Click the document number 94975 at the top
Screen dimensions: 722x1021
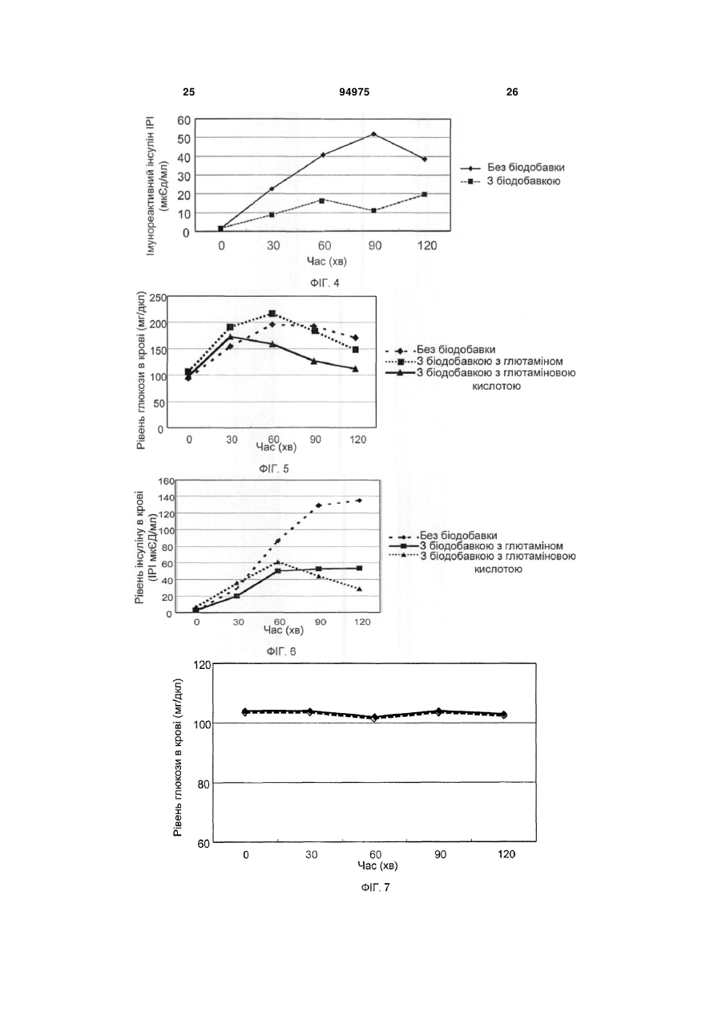[x=354, y=92]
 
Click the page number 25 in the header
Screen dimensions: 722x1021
[x=188, y=92]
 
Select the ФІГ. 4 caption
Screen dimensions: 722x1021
[x=325, y=283]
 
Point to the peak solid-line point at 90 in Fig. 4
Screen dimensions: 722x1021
[x=373, y=134]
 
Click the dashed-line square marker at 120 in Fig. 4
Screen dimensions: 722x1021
[x=425, y=194]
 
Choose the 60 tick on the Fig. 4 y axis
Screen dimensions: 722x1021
[x=184, y=120]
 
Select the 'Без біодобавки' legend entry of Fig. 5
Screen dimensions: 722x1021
[x=441, y=350]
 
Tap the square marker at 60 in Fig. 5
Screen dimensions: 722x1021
[x=272, y=314]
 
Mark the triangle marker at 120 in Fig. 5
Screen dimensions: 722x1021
[x=355, y=368]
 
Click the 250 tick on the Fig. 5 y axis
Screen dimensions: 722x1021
[x=158, y=298]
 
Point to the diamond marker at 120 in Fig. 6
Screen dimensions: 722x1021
[x=359, y=500]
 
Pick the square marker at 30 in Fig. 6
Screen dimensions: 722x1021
[x=237, y=596]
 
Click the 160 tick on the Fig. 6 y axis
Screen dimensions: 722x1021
[x=166, y=481]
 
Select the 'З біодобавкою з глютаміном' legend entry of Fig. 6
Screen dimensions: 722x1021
[x=476, y=545]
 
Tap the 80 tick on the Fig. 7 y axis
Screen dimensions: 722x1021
[x=204, y=784]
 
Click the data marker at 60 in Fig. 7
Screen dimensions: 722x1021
[x=374, y=718]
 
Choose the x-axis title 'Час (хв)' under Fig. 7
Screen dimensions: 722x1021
[x=377, y=865]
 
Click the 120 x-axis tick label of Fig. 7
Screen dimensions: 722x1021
[x=506, y=853]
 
